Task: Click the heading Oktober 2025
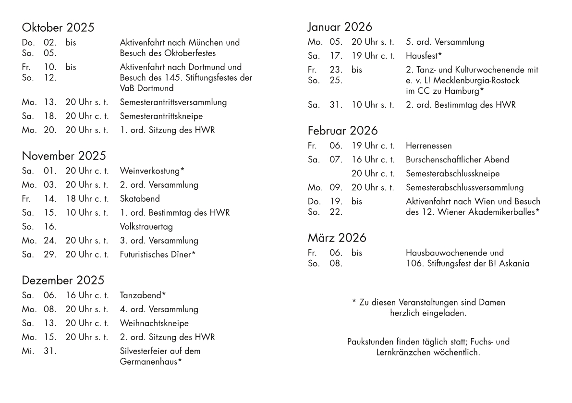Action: [x=58, y=27]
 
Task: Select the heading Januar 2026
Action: [x=340, y=27]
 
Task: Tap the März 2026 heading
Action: [x=337, y=238]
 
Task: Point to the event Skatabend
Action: [x=140, y=199]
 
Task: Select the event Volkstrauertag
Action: [x=146, y=227]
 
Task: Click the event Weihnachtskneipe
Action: [x=154, y=323]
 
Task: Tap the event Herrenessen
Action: [x=429, y=146]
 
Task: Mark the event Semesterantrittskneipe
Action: [x=161, y=116]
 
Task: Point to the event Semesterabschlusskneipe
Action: [x=453, y=173]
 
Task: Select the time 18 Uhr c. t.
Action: [x=87, y=199]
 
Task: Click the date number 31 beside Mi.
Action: [x=50, y=351]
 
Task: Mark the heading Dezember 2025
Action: [x=63, y=281]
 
